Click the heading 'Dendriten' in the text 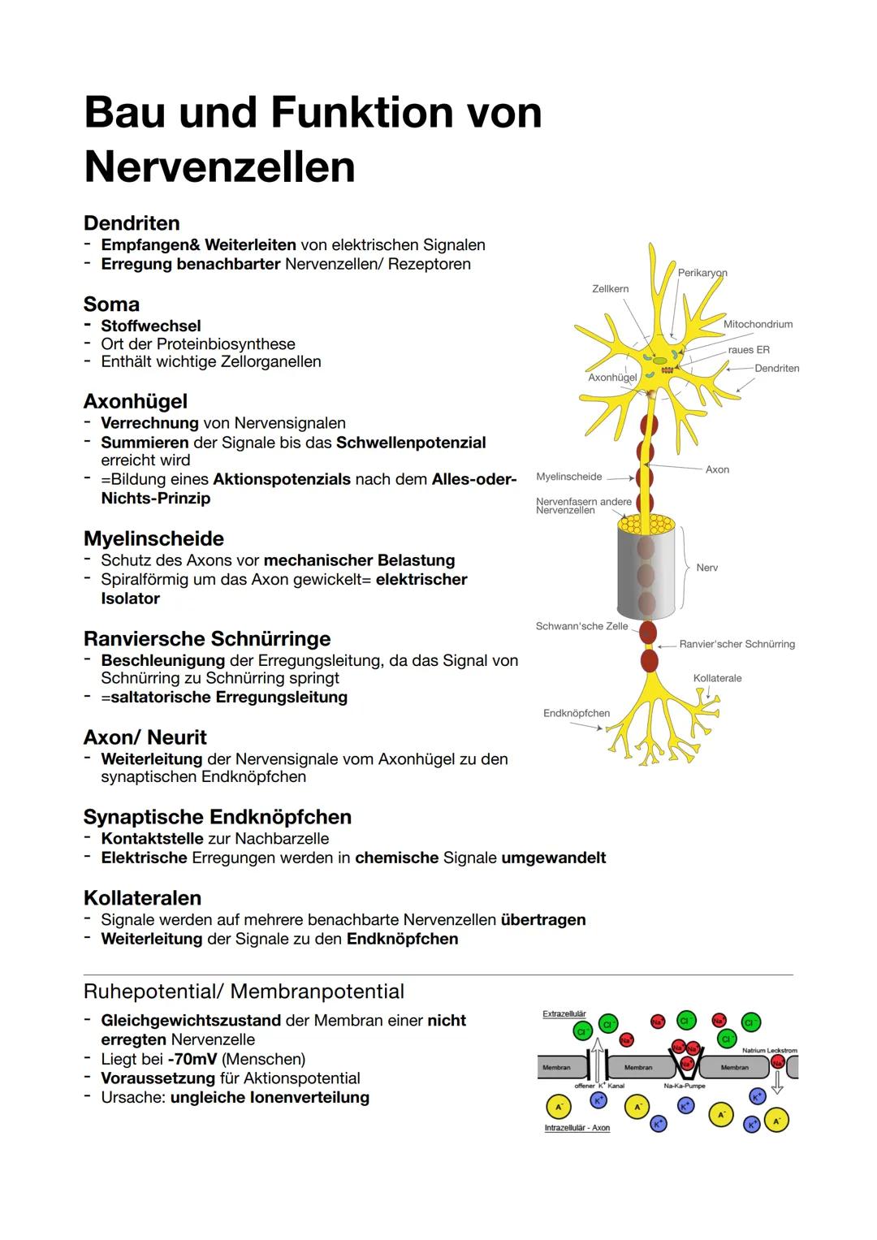(x=132, y=223)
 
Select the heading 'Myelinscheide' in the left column (x=153, y=538)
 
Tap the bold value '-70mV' (x=192, y=1059)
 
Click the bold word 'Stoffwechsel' (x=151, y=326)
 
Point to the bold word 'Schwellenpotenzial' (x=411, y=443)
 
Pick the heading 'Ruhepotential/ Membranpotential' (x=244, y=992)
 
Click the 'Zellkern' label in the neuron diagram (x=610, y=289)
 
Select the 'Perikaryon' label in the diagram (x=702, y=273)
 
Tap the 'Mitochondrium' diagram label (x=758, y=324)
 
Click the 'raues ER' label (x=749, y=350)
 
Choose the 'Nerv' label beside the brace (x=706, y=568)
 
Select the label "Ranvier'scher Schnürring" (x=737, y=644)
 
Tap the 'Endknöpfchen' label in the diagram (x=576, y=713)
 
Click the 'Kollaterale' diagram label (x=717, y=678)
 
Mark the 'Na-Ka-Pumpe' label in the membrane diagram (x=685, y=1086)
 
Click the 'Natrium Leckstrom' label (x=769, y=1051)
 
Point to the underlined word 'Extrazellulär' (x=564, y=1014)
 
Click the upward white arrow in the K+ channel (x=598, y=1061)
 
